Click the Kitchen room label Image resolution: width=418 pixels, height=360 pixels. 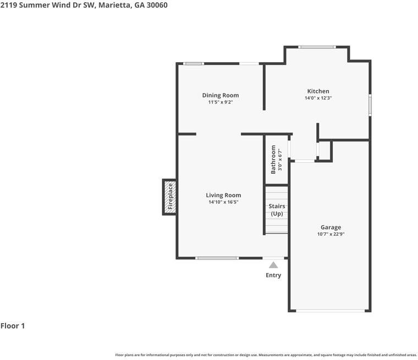[318, 91]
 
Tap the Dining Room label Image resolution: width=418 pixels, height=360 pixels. [221, 96]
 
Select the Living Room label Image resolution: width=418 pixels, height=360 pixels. [223, 195]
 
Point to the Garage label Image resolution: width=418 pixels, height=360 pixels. [331, 228]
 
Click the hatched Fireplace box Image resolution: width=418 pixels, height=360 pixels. [170, 197]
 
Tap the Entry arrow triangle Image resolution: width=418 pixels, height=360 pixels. [273, 265]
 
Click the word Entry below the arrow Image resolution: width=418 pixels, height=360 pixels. [273, 275]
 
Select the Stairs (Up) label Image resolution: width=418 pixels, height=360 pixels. [277, 210]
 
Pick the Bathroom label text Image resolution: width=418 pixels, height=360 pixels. [273, 159]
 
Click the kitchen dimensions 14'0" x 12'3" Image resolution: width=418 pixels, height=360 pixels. [318, 98]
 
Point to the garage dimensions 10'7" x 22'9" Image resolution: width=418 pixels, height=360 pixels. [331, 234]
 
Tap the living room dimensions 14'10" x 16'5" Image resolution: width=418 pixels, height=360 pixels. [223, 202]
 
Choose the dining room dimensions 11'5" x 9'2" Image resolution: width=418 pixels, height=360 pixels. [221, 102]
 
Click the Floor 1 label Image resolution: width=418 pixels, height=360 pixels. [13, 326]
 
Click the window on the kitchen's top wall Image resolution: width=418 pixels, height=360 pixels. [317, 47]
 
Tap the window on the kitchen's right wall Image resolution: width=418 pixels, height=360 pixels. [370, 105]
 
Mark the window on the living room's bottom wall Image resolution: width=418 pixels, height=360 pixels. [217, 258]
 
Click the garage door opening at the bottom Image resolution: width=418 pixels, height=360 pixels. [331, 311]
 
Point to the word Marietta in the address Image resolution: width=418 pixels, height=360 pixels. [114, 5]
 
